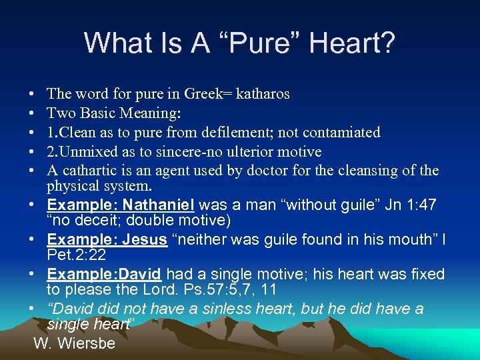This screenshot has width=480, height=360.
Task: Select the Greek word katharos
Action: (262, 94)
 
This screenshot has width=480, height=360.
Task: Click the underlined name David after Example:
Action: (141, 274)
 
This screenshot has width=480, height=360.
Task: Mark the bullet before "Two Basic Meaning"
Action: (33, 114)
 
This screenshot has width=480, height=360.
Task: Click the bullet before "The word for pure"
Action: (33, 95)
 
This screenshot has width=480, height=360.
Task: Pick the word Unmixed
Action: (89, 152)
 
